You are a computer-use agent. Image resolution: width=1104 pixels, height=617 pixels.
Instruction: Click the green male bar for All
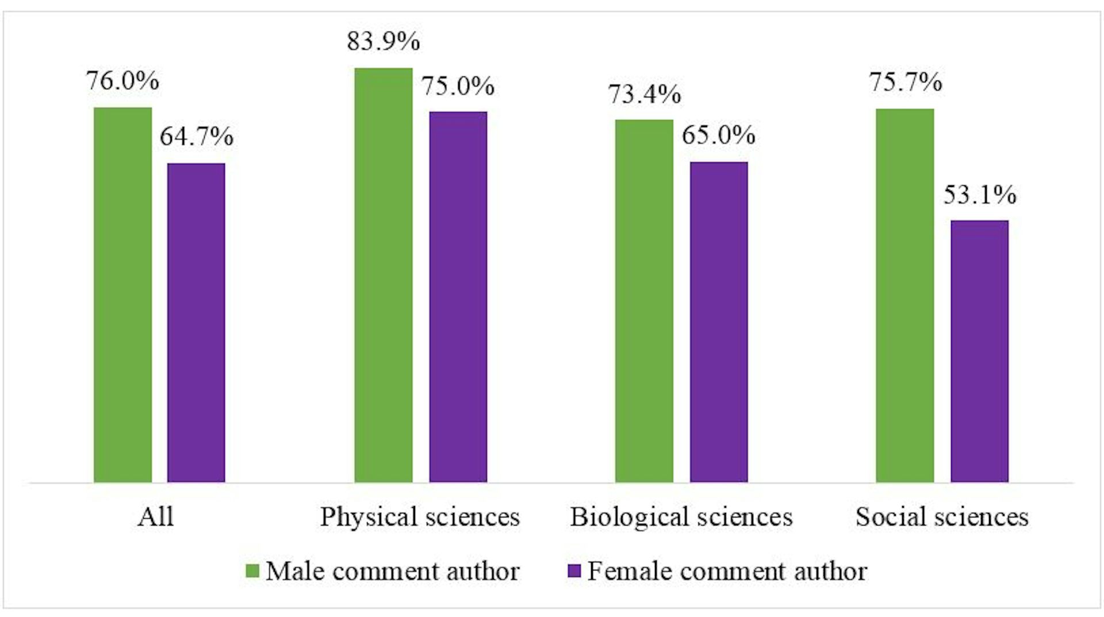click(x=122, y=294)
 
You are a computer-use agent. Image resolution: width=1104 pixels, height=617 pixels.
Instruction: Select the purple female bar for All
click(x=196, y=322)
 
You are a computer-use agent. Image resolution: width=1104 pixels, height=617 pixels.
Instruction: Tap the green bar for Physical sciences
click(x=384, y=275)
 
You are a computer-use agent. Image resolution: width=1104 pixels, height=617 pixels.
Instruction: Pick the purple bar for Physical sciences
click(x=458, y=296)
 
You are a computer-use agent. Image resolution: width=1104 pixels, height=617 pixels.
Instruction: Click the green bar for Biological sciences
click(x=644, y=300)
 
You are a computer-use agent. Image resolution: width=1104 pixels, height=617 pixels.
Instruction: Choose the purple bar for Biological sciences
click(x=719, y=322)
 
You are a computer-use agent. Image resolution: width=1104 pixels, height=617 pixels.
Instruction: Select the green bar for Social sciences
click(x=905, y=295)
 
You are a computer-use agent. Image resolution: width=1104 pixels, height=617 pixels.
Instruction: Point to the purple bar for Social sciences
click(x=979, y=351)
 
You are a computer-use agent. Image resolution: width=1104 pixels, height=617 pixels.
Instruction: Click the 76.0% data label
click(x=122, y=81)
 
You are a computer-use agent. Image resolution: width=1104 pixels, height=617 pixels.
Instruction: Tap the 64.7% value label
click(x=197, y=137)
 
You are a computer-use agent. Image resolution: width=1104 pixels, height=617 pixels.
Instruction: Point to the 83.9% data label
click(x=384, y=41)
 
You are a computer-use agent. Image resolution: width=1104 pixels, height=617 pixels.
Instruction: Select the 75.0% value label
click(x=458, y=86)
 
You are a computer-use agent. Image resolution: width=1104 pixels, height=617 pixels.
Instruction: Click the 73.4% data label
click(x=645, y=94)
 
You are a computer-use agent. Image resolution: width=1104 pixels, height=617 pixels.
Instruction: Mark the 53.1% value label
click(x=980, y=195)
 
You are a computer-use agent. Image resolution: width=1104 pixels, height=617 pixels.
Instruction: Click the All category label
click(x=155, y=517)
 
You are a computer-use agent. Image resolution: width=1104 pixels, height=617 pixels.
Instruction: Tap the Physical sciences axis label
click(x=420, y=517)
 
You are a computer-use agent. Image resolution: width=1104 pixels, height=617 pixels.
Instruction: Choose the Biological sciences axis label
click(x=681, y=517)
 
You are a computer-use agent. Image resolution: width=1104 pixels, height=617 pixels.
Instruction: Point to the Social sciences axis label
click(x=942, y=517)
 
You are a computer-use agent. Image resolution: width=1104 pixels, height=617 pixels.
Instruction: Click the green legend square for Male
click(x=252, y=571)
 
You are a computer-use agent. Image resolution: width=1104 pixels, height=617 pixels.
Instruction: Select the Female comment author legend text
click(x=727, y=572)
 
